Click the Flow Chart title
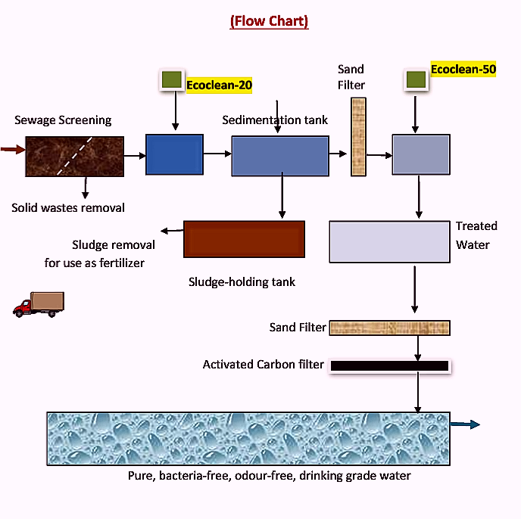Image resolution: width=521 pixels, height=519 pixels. click(x=269, y=20)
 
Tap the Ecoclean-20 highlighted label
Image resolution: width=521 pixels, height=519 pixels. click(x=219, y=85)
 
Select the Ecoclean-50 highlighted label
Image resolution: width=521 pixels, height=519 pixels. click(x=463, y=70)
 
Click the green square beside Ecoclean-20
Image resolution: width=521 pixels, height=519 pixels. click(x=172, y=79)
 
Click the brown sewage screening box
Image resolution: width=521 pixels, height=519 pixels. click(x=74, y=155)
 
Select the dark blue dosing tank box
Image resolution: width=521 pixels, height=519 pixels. click(x=174, y=154)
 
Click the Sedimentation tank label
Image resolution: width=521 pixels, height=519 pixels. click(x=275, y=120)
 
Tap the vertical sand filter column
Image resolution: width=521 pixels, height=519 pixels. click(x=358, y=137)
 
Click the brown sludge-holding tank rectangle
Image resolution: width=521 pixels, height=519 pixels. click(x=244, y=239)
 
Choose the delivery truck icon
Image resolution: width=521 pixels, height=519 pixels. click(x=39, y=303)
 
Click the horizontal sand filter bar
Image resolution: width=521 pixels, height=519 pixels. click(x=390, y=328)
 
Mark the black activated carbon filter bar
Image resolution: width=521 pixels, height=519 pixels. click(x=389, y=365)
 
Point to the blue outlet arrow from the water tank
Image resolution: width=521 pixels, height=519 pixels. click(x=465, y=424)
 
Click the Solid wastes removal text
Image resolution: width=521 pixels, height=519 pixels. click(x=68, y=207)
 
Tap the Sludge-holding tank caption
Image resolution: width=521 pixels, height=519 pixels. click(x=242, y=281)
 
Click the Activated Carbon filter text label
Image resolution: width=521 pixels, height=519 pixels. click(x=263, y=365)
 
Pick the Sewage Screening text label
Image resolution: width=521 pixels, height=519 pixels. click(x=63, y=120)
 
